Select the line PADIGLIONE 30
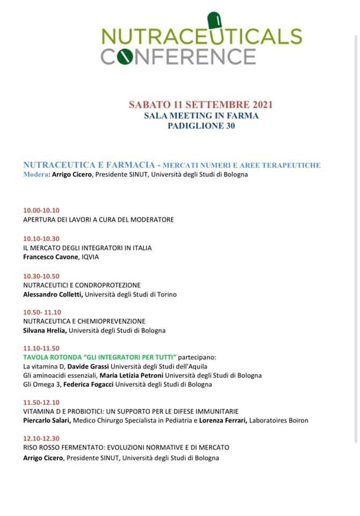pos(201,126)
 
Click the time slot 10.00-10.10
pos(41,210)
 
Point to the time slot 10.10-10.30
pos(41,239)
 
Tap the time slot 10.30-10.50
pos(41,276)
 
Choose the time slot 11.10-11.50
pos(41,348)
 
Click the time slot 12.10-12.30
pos(41,439)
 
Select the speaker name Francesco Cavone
pos(51,257)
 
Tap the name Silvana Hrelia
pos(45,331)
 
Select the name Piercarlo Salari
pos(47,421)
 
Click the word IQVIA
pos(90,257)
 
